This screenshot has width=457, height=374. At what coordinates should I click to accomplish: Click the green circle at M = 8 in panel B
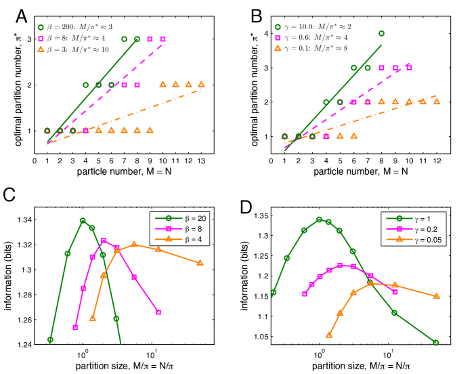click(x=381, y=33)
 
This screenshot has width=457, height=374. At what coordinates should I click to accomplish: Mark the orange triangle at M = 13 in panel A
click(x=201, y=85)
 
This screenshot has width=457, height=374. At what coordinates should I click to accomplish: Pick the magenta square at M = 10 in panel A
click(x=162, y=39)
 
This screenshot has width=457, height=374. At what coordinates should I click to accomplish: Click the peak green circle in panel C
click(x=83, y=221)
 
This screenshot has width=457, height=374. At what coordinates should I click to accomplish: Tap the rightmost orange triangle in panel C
click(x=200, y=263)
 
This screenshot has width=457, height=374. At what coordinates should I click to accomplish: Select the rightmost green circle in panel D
click(x=436, y=343)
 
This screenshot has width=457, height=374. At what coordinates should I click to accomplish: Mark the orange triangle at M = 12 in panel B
click(x=437, y=102)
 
